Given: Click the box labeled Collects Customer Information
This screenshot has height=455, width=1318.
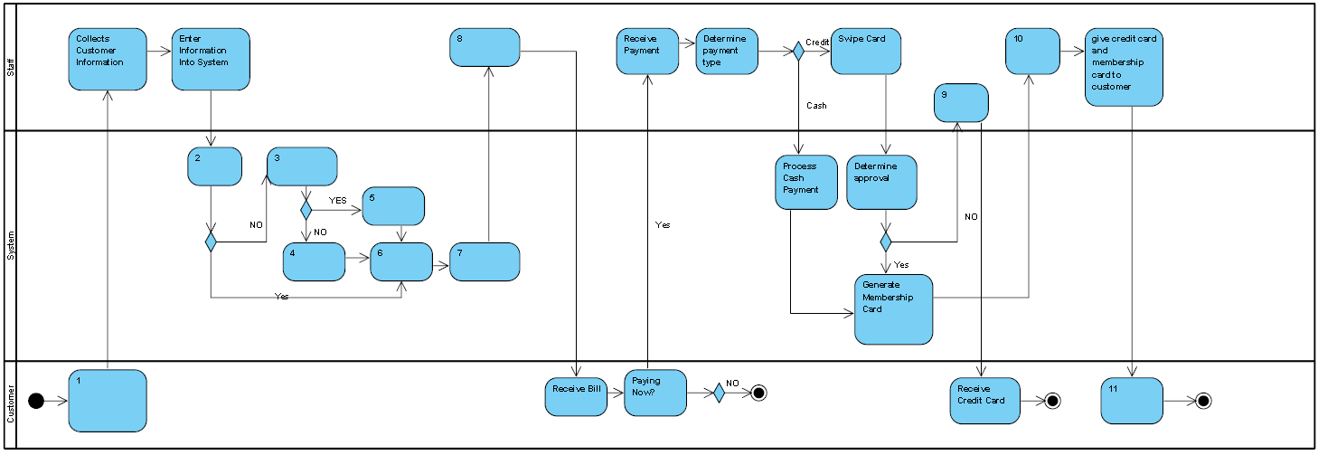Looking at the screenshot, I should click(107, 59).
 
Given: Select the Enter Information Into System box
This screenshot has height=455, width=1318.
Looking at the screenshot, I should click(211, 59).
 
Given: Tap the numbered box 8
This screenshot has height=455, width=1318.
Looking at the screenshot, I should click(485, 47).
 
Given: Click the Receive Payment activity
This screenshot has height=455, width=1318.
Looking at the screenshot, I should click(647, 51).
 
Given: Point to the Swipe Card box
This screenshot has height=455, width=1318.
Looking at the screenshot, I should click(866, 51).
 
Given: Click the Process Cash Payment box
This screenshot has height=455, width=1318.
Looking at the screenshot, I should click(806, 182).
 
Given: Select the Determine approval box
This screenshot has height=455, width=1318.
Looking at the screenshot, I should click(882, 182).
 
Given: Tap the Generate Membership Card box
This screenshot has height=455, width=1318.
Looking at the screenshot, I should click(893, 309).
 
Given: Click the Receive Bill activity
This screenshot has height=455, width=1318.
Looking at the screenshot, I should click(576, 393).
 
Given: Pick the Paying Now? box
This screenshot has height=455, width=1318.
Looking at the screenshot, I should click(655, 393).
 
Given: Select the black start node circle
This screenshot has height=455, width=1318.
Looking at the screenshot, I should click(36, 401).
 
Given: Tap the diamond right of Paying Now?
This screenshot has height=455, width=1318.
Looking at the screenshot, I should click(719, 393).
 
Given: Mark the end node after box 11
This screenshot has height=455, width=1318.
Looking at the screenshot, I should click(1203, 401).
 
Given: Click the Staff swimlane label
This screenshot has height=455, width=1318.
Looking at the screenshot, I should click(11, 65).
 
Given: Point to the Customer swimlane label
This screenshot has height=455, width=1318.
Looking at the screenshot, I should click(11, 403).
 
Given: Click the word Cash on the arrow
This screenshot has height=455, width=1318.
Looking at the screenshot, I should click(816, 106).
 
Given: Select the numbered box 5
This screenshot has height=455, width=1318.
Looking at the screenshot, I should click(393, 205).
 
